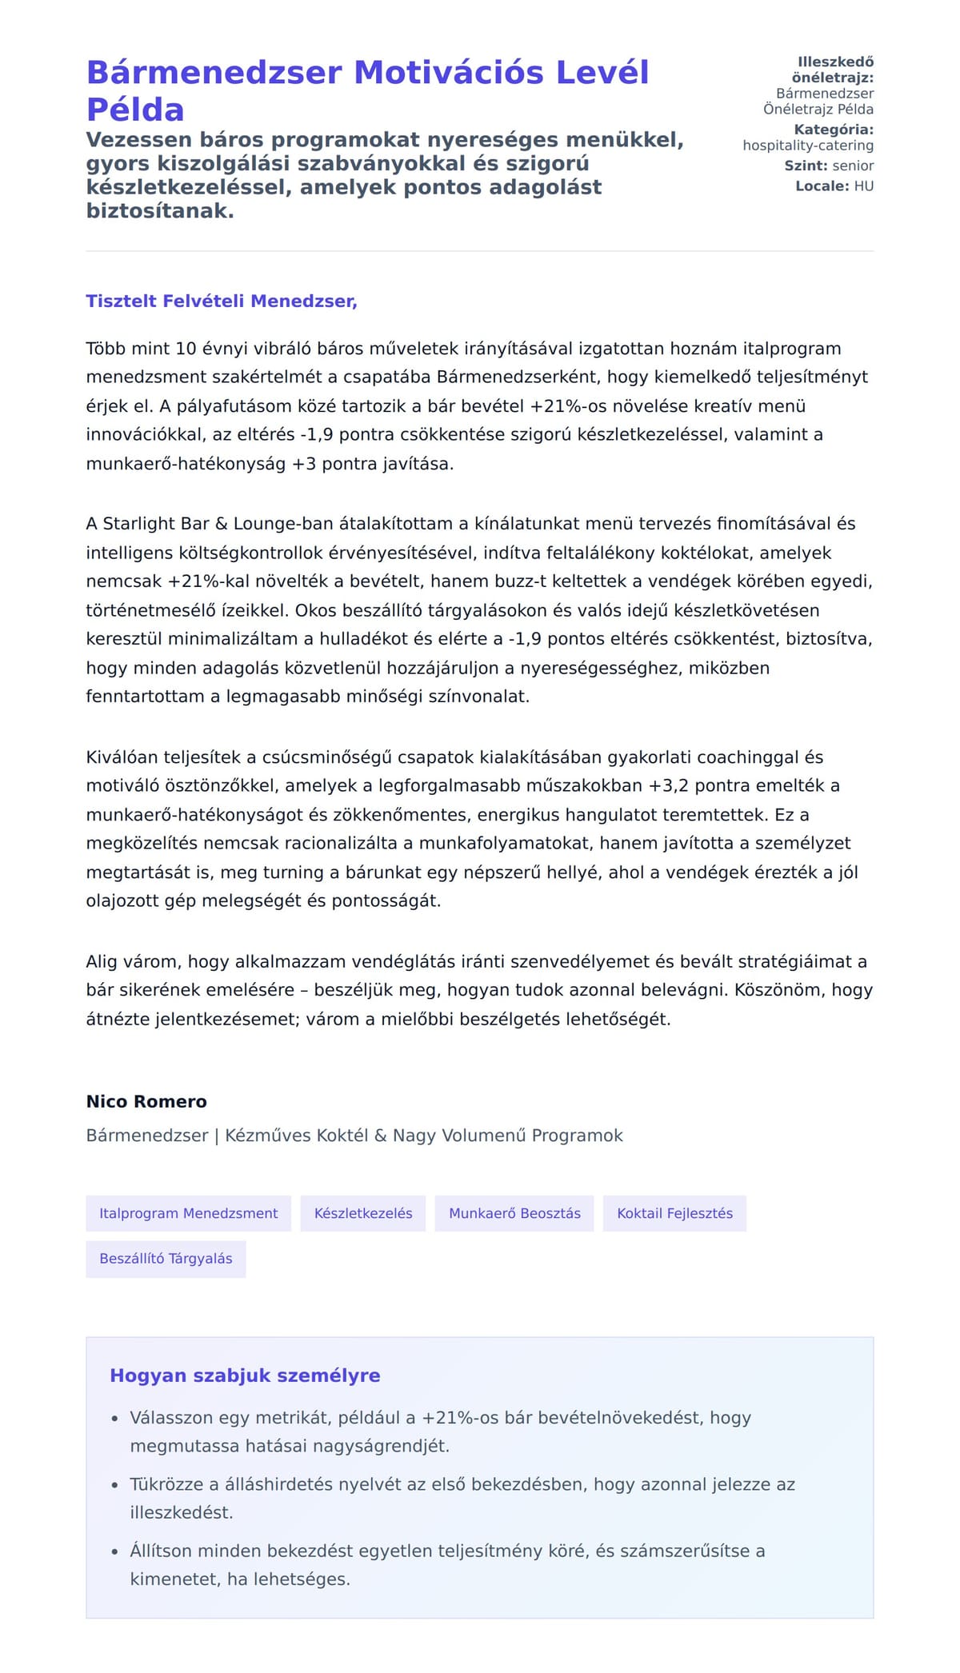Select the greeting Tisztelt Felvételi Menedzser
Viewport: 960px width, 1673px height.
point(222,301)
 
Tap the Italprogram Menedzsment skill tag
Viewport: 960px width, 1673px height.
point(188,1213)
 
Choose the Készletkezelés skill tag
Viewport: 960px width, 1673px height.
point(363,1213)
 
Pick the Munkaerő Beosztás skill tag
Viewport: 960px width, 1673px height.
point(514,1213)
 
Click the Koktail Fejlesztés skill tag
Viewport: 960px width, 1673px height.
point(674,1213)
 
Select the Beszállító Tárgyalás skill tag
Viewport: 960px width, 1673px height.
point(166,1259)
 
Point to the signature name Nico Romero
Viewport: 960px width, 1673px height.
point(146,1101)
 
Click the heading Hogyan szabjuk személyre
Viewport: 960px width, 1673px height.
point(245,1376)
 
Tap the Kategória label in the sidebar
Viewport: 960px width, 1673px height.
point(834,130)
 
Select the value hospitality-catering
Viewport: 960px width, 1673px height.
point(808,146)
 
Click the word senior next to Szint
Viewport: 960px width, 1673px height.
point(853,166)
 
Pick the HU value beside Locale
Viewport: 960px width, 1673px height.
point(864,186)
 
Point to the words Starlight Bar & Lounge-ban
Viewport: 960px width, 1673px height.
point(212,524)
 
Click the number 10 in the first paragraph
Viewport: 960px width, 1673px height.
point(186,349)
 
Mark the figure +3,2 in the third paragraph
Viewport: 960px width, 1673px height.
point(668,786)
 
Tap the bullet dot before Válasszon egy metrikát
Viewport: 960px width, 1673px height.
point(115,1419)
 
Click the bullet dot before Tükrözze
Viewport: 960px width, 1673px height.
point(115,1486)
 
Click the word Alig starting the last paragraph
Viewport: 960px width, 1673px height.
point(102,962)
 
